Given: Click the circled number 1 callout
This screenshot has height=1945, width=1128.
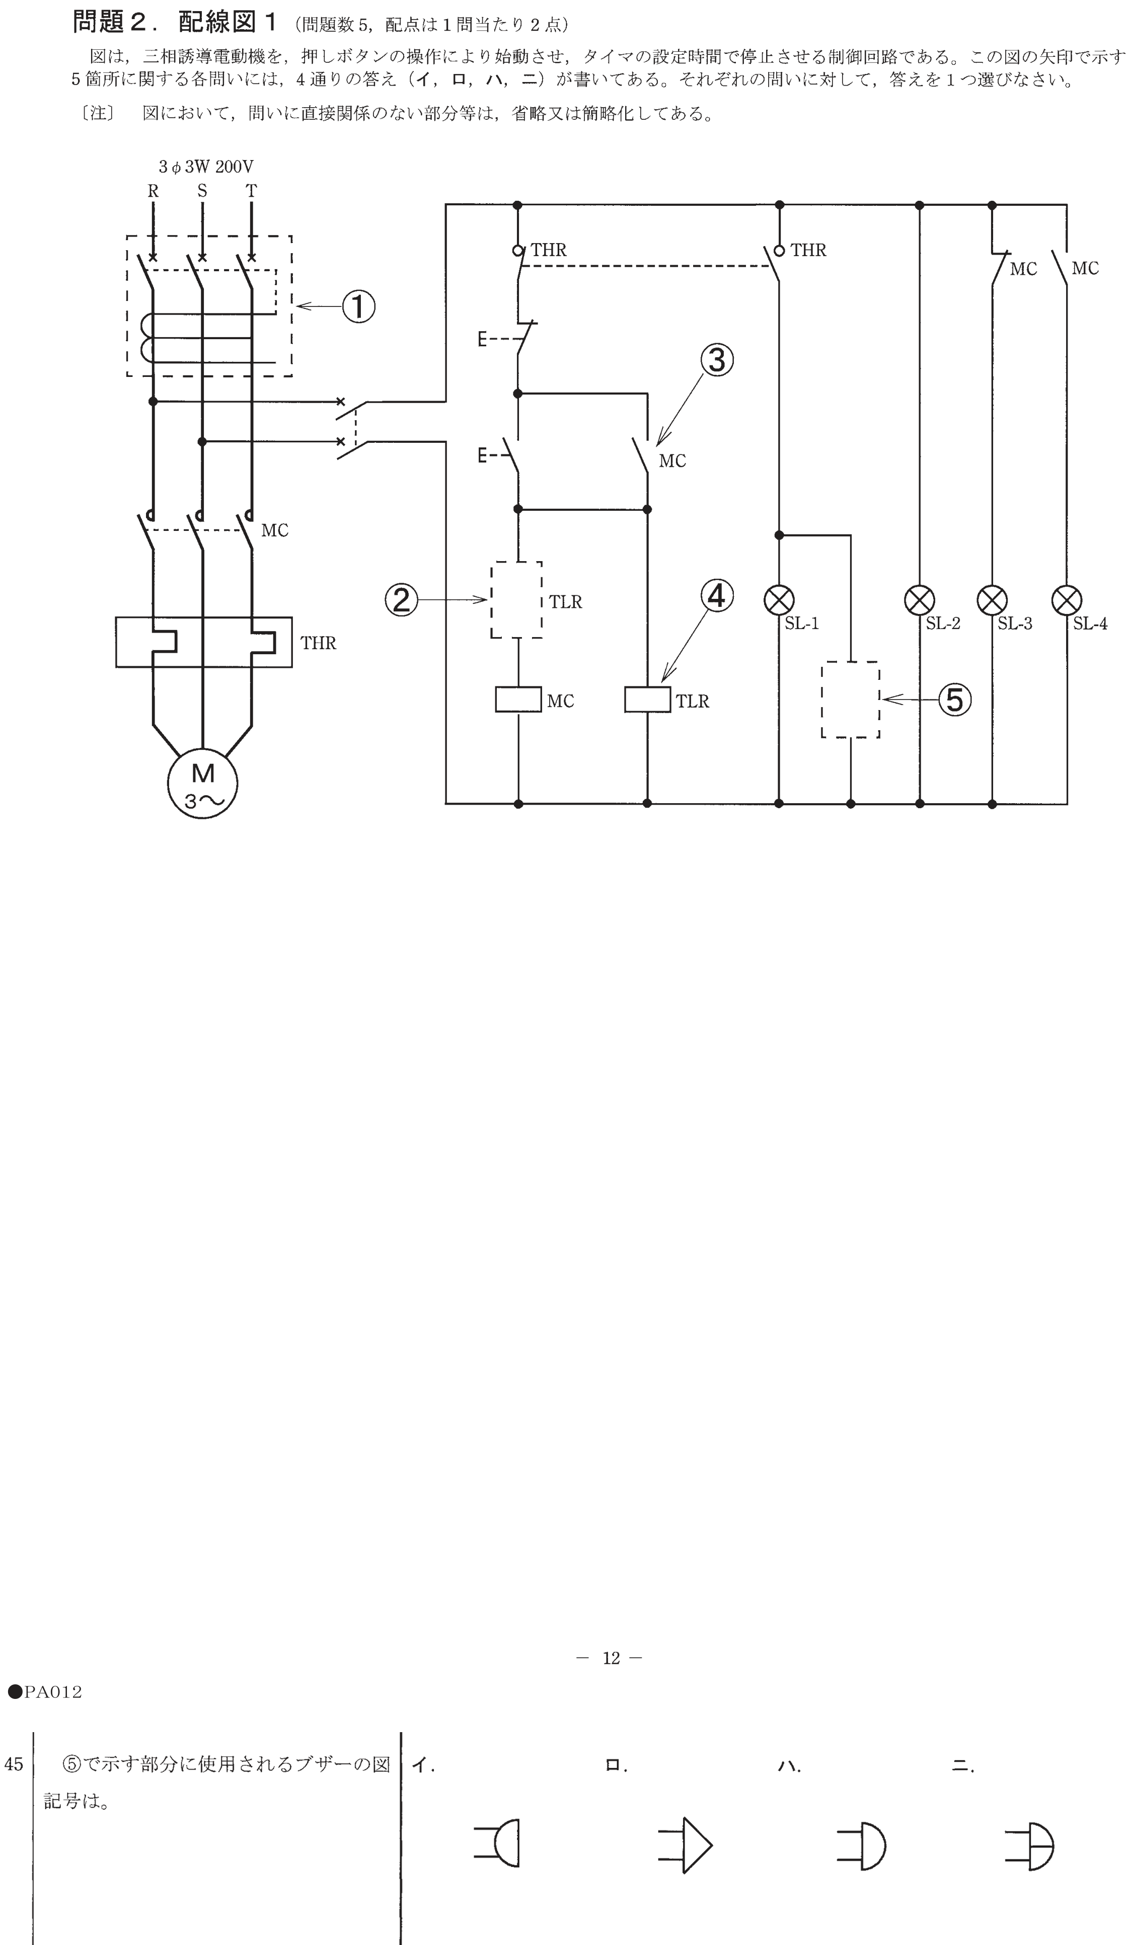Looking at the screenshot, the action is pos(358,306).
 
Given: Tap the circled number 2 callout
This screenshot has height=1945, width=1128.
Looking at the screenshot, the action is pos(402,600).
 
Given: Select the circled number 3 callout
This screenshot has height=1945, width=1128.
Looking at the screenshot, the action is pos(717,360).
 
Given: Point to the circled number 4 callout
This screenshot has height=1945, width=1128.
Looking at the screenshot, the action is pos(717,595).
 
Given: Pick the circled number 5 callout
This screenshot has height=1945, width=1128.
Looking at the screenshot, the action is pos(955,699).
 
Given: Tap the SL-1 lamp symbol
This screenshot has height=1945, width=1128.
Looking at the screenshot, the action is pos(779,600).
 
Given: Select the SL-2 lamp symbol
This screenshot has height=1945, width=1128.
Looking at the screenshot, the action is pos(920,600).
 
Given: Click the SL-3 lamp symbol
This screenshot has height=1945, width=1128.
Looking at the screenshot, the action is pos(992,600).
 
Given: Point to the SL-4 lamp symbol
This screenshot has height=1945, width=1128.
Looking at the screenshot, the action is pos(1067,600).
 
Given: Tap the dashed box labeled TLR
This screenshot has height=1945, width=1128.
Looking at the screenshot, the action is pos(491,600).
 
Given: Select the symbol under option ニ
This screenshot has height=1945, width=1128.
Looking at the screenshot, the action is pos(1030,1845).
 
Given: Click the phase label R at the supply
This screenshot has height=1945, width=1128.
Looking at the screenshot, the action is pos(153,191).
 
